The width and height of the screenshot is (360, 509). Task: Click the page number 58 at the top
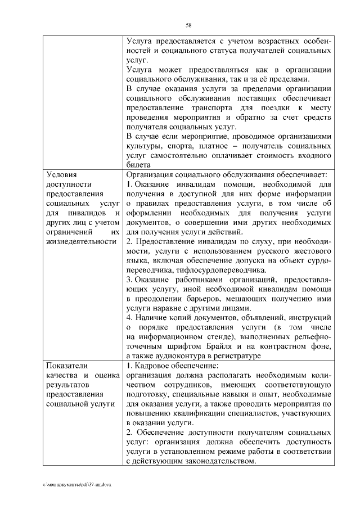coord(188,24)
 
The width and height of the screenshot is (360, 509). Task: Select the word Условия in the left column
coord(61,175)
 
